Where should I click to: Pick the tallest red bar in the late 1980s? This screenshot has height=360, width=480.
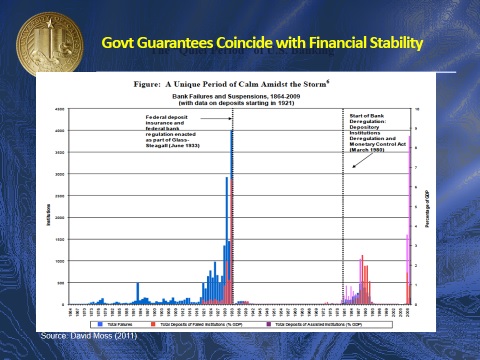click(363, 280)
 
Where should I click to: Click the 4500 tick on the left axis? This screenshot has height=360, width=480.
click(61, 108)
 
